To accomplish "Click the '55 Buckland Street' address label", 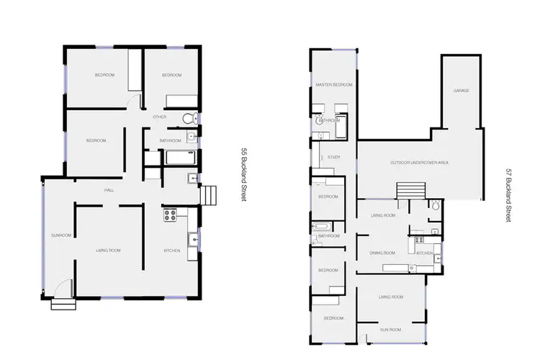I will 244,175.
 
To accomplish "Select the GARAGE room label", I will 462,91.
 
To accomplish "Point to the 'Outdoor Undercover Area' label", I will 420,163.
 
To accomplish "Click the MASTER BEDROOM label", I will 334,85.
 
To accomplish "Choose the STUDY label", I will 333,157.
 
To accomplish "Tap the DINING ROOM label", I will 382,253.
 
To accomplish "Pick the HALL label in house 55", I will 109,190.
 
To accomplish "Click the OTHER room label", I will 159,117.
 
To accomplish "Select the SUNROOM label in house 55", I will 60,235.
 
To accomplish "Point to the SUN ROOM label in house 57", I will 390,328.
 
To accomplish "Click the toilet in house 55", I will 188,119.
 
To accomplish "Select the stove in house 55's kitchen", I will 171,213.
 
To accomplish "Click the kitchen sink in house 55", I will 192,240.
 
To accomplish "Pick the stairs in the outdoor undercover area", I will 411,190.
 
